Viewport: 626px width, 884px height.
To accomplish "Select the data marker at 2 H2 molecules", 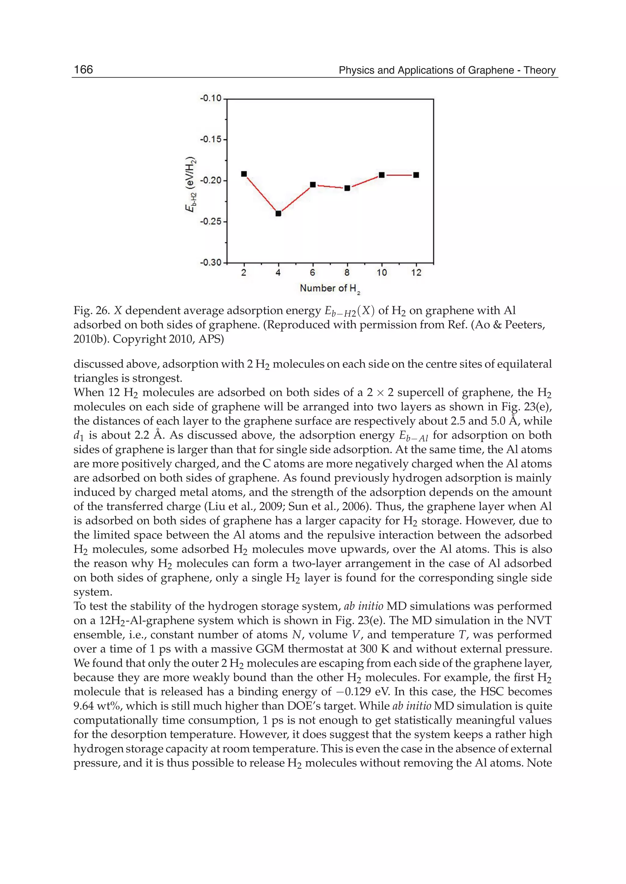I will click(x=244, y=174).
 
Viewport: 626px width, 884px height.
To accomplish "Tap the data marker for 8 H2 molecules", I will click(x=347, y=188).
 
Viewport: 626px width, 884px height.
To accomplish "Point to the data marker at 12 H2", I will click(x=416, y=175).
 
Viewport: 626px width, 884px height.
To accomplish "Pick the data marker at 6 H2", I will click(x=313, y=185).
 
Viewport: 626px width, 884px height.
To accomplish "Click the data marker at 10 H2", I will click(x=381, y=175).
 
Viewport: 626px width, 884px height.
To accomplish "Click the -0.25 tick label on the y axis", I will click(x=211, y=222).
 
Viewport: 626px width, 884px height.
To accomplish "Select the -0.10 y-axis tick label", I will click(x=211, y=99).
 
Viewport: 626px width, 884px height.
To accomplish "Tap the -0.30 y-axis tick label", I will click(x=211, y=263).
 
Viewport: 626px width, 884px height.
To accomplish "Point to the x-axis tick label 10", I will click(x=381, y=273).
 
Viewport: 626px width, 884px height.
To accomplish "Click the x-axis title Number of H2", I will click(x=330, y=289).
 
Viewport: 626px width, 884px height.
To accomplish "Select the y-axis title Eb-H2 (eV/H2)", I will click(x=191, y=185).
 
